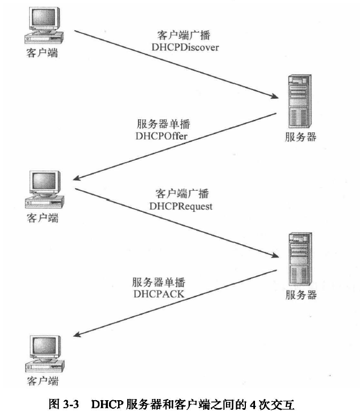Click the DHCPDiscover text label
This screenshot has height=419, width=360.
coord(185,47)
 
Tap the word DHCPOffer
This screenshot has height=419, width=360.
coord(162,136)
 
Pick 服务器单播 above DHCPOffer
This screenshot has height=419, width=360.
coord(163,125)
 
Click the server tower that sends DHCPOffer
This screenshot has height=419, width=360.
coord(299,102)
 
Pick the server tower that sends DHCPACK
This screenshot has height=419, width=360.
coord(299,260)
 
